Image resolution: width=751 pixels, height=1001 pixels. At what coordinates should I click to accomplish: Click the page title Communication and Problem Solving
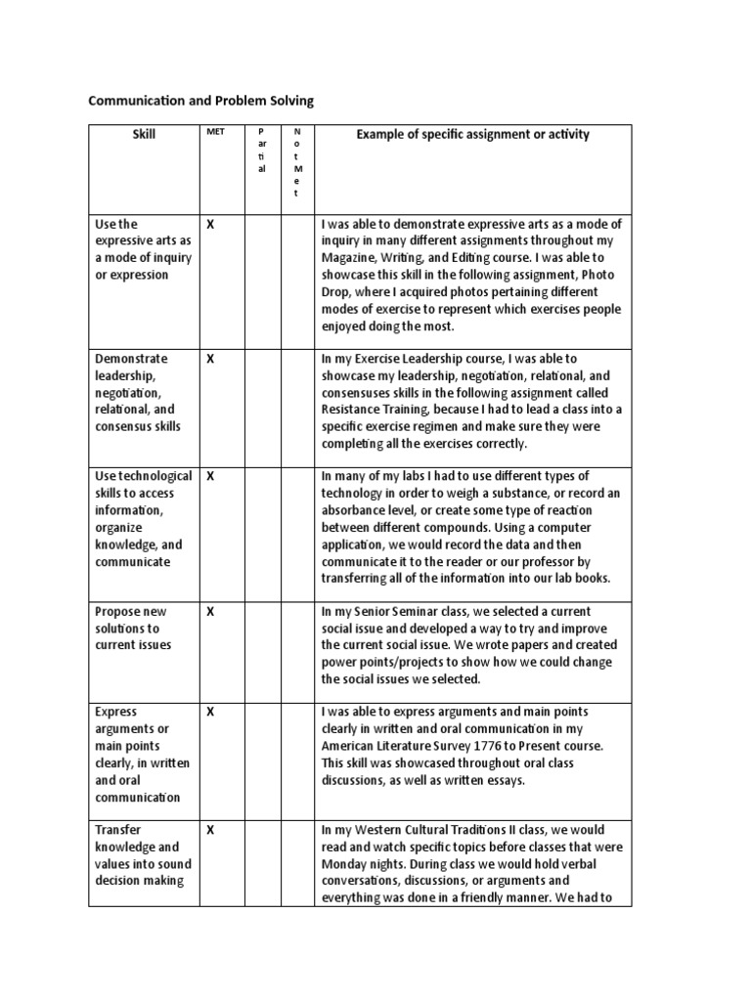[x=200, y=101]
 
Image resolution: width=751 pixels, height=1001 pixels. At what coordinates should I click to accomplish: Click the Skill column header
[x=144, y=134]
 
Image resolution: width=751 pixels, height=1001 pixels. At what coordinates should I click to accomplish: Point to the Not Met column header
[x=297, y=162]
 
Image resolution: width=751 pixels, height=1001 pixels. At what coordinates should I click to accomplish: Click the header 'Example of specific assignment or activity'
[x=472, y=134]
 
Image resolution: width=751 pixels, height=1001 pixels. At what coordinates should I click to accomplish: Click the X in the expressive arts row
[x=209, y=225]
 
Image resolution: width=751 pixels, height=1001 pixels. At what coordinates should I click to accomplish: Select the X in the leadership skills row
[x=209, y=359]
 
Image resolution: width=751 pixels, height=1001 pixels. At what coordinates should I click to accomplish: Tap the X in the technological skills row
[x=209, y=476]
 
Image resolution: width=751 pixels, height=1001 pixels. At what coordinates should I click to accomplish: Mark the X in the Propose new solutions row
[x=209, y=611]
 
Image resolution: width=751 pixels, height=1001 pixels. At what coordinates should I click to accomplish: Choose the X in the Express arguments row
[x=209, y=712]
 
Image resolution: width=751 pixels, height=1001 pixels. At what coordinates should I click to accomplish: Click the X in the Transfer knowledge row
[x=209, y=830]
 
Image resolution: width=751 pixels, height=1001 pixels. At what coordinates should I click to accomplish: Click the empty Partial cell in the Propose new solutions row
[x=260, y=645]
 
